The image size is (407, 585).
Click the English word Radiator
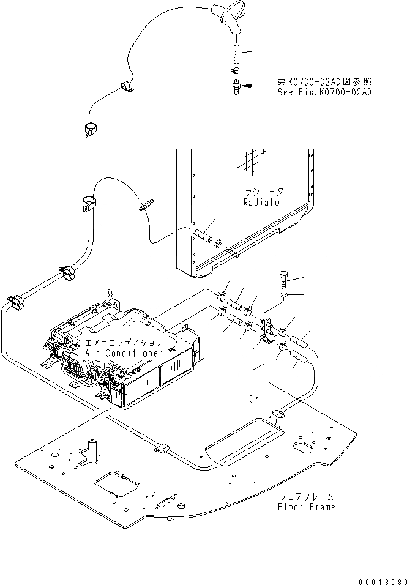[x=263, y=202]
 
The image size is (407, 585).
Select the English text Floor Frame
[x=307, y=507]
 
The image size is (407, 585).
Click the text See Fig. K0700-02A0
[x=324, y=92]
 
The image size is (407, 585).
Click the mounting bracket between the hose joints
[x=267, y=330]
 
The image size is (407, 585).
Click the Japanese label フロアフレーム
[x=307, y=496]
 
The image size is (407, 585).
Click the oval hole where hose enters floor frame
[x=277, y=414]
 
